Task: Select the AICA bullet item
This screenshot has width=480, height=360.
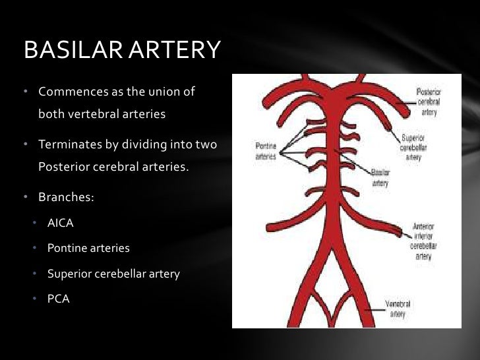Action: pyautogui.click(x=60, y=223)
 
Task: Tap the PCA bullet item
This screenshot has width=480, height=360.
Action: pyautogui.click(x=58, y=299)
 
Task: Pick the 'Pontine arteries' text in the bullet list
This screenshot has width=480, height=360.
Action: pyautogui.click(x=88, y=249)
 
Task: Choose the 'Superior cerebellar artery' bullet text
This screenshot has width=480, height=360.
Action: pyautogui.click(x=113, y=274)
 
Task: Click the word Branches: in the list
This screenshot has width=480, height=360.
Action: pyautogui.click(x=65, y=197)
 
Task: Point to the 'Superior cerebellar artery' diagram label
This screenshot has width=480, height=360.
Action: pyautogui.click(x=414, y=148)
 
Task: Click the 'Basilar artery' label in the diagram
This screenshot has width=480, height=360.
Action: pyautogui.click(x=380, y=177)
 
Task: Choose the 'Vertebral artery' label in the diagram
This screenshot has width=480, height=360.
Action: pyautogui.click(x=398, y=309)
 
